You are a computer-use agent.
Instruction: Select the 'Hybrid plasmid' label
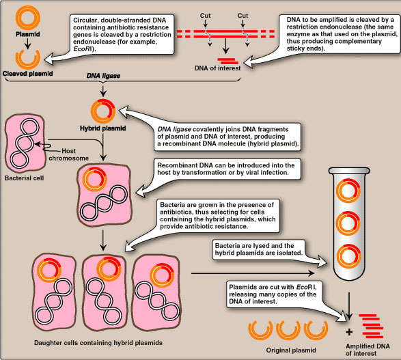click(x=100, y=128)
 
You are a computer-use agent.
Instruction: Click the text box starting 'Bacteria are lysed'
click(x=262, y=258)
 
